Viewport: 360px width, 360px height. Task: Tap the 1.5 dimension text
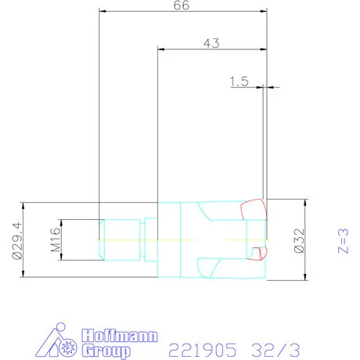(239, 81)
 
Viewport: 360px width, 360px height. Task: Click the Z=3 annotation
(341, 239)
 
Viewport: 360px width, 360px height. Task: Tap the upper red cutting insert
(253, 209)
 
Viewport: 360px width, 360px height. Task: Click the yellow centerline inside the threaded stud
(117, 237)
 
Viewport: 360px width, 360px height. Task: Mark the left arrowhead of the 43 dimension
(160, 50)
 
